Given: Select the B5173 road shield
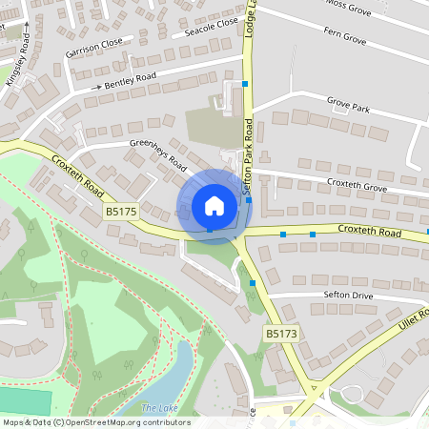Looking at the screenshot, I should click(x=281, y=334).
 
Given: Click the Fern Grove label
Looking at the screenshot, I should click(x=345, y=41).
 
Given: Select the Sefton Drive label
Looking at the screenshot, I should click(x=350, y=297).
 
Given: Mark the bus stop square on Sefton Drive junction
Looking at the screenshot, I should click(x=253, y=282).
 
